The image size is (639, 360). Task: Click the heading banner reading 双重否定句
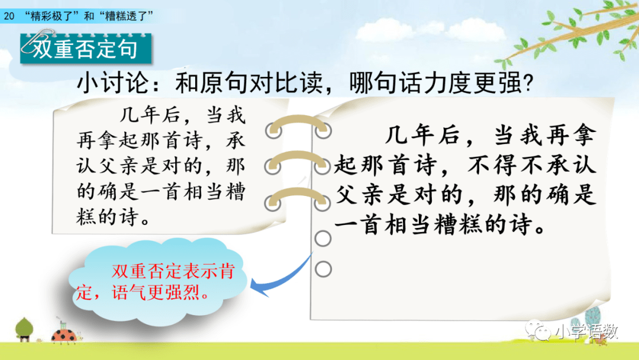point(86,49)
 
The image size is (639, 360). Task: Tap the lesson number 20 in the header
point(8,17)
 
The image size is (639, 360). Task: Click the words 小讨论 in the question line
point(113,83)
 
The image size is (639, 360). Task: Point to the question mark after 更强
point(528,83)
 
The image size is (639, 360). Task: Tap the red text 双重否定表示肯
point(173,271)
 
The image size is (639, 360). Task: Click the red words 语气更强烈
point(156,292)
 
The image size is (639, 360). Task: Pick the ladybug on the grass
point(64,335)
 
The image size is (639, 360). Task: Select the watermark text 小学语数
point(586,332)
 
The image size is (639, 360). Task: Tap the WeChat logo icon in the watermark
point(538,330)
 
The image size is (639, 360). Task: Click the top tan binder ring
point(298,121)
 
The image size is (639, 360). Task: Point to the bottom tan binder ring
point(298,194)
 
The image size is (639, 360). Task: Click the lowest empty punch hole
point(323,269)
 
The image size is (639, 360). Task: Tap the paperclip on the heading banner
point(37,41)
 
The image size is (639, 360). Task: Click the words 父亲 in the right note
point(360,195)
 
